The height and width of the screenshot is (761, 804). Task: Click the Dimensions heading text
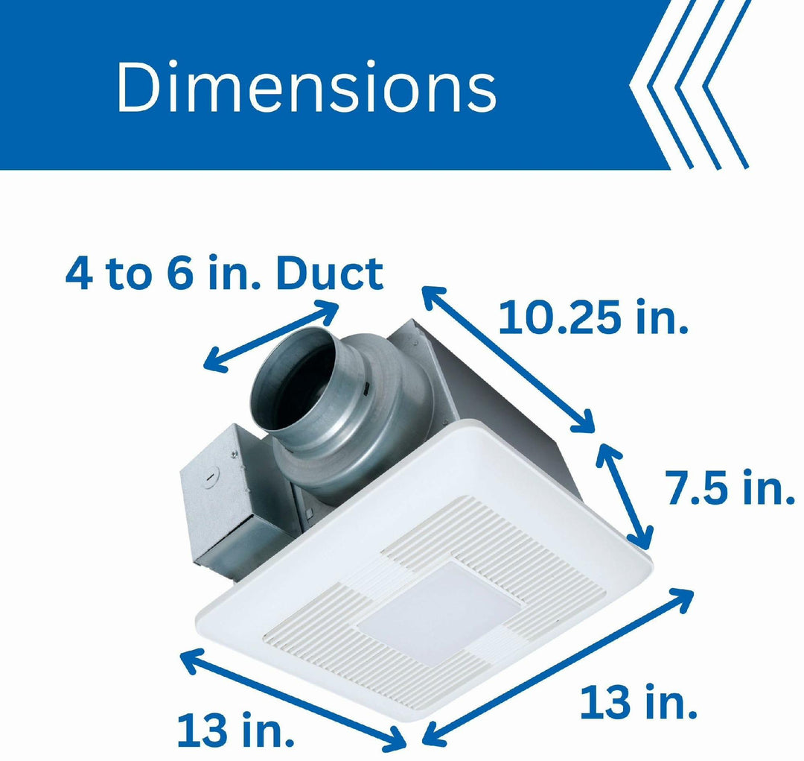click(306, 86)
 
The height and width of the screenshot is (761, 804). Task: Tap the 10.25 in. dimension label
click(593, 316)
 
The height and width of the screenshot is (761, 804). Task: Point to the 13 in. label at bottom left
click(235, 729)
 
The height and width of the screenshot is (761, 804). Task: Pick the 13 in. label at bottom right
click(638, 702)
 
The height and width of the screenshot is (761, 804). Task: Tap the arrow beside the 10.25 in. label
click(508, 359)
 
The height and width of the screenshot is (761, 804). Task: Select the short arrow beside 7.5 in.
click(625, 496)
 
